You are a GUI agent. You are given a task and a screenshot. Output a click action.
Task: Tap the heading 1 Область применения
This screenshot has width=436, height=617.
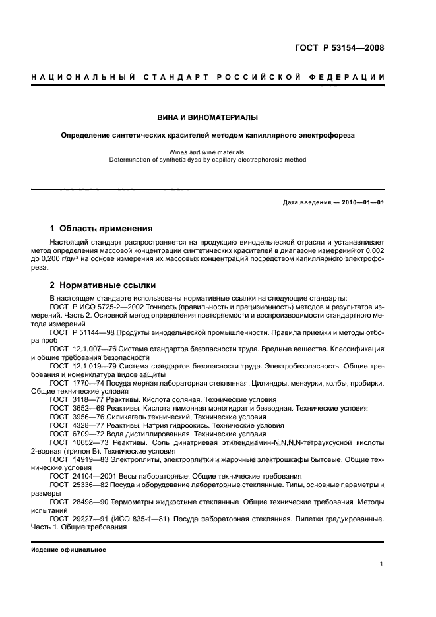102,229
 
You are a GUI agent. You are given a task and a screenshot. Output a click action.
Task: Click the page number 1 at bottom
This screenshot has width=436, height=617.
382,564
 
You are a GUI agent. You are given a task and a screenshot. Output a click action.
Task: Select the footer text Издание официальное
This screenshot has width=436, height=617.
69,549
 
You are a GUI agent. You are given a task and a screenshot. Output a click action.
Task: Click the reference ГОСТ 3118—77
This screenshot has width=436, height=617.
75,400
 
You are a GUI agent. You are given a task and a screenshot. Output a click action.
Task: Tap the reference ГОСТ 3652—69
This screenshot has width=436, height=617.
75,409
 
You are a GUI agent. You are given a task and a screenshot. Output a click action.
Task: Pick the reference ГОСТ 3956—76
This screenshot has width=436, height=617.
75,417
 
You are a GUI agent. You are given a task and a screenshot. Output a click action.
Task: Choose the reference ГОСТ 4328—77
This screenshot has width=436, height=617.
75,426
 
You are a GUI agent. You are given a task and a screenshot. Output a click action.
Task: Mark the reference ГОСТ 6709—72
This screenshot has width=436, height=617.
75,434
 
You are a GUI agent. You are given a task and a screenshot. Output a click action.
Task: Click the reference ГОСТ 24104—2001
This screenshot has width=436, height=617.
80,476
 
